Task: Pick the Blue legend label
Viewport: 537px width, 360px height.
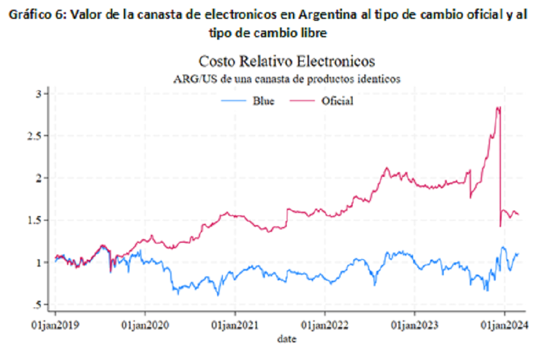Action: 263,101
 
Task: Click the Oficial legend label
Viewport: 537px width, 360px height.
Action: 337,101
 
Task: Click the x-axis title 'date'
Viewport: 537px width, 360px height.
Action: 286,338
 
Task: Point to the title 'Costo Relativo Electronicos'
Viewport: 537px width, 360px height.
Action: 286,62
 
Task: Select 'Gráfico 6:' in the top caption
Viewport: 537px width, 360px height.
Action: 34,15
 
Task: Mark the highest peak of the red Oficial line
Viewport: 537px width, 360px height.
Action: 499,107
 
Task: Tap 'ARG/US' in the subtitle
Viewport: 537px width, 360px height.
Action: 190,79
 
